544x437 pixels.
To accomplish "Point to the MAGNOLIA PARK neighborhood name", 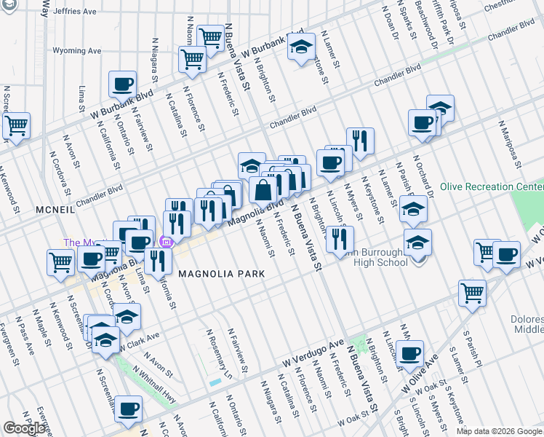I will [x=219, y=273].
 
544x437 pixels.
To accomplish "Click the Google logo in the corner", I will [x=24, y=428].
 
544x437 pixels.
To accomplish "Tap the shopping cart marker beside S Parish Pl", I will [x=472, y=293].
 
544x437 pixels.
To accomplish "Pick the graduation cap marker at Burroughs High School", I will [x=417, y=242].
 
